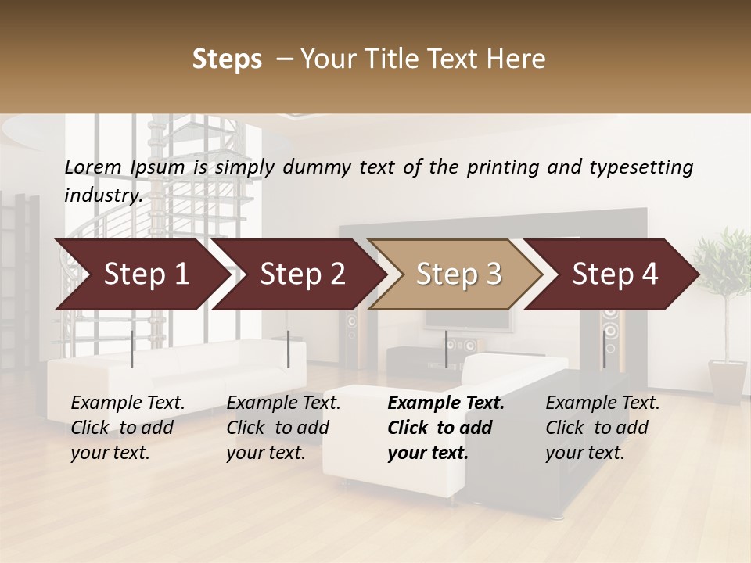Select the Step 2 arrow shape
pos(297,274)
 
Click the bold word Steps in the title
pos(227,59)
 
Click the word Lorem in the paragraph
pos(93,167)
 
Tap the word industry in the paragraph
pos(102,195)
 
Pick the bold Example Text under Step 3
pos(446,403)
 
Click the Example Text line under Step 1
pos(128,403)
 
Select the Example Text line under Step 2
pos(283,403)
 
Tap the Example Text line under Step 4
pos(602,403)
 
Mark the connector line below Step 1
pos(132,350)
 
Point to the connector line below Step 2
pos(289,350)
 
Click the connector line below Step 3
pos(446,350)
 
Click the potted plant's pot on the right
pos(727,380)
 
